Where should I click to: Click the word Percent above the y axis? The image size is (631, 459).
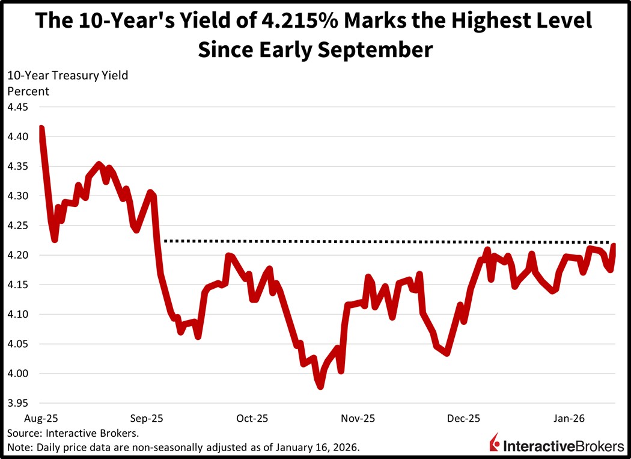click(28, 91)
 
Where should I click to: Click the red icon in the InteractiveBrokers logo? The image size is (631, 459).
click(495, 442)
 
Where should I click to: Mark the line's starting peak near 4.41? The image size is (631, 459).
click(41, 128)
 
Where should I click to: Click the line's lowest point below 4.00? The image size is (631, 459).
click(320, 386)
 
